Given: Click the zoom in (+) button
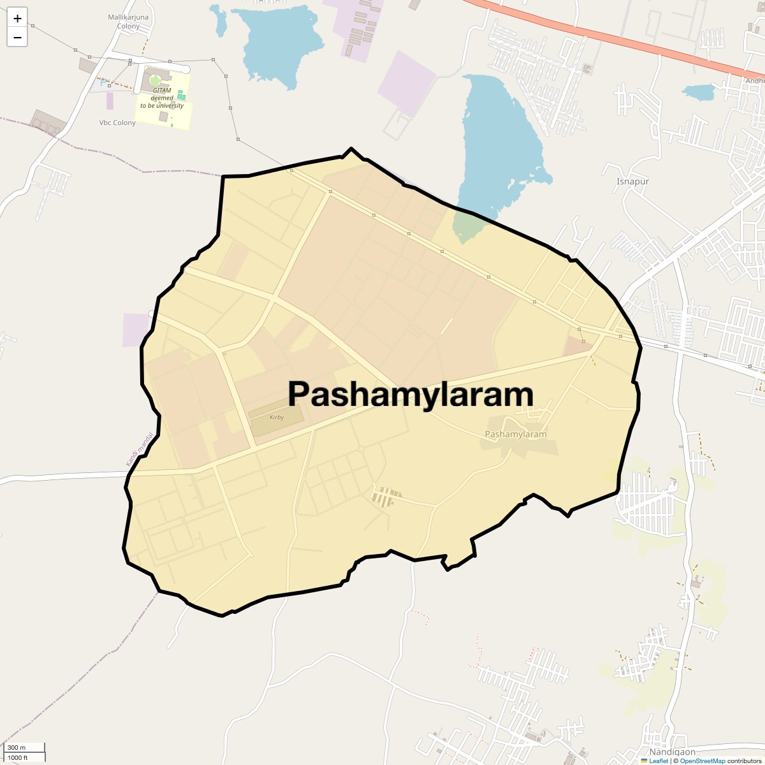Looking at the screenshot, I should click(17, 18).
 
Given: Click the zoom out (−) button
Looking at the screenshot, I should click(17, 38).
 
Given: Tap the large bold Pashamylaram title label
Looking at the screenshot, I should click(411, 394).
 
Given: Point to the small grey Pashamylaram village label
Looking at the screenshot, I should click(516, 434).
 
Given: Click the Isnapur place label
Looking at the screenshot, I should click(632, 182).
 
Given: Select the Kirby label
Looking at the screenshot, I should click(277, 418).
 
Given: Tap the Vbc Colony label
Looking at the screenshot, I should click(117, 122).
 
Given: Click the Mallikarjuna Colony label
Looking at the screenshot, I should click(128, 22).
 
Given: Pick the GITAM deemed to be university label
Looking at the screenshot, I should click(162, 98).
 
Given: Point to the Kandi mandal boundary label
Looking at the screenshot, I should click(140, 449).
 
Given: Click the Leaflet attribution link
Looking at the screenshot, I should click(658, 761).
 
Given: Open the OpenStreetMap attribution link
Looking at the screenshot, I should click(702, 761).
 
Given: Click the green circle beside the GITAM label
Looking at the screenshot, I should click(155, 81).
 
